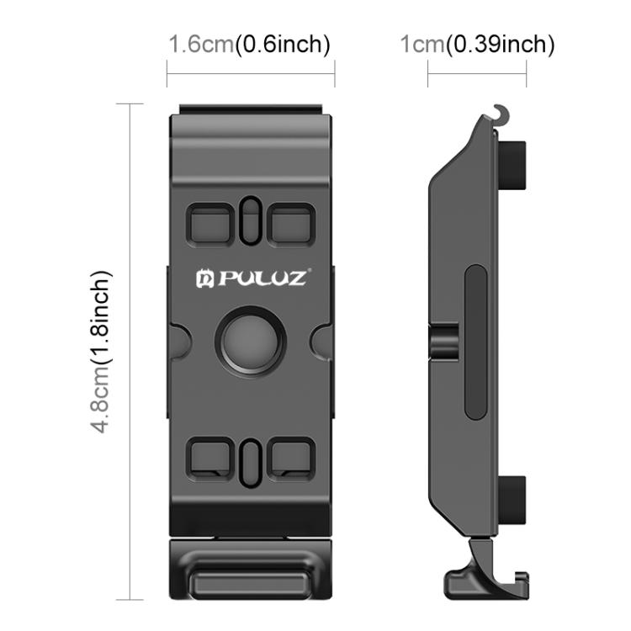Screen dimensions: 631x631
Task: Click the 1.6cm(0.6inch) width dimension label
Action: click(x=249, y=44)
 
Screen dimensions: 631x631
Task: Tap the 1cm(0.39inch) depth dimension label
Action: click(x=476, y=44)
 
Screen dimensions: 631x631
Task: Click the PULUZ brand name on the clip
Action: click(x=251, y=277)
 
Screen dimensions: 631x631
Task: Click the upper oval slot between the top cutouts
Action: click(x=251, y=220)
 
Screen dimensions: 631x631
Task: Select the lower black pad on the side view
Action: click(x=516, y=498)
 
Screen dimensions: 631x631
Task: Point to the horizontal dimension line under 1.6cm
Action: click(x=251, y=73)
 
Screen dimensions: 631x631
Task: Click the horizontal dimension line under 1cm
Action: click(x=476, y=73)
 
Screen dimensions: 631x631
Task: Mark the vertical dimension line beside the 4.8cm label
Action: click(x=130, y=351)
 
